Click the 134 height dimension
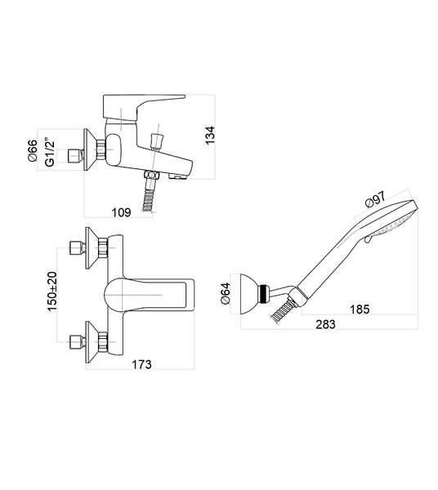tap(210, 135)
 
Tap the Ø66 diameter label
tap(33, 150)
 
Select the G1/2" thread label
tap(50, 152)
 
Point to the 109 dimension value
tap(121, 212)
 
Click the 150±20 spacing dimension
tap(52, 292)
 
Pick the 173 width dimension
tap(141, 364)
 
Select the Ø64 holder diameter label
tap(225, 293)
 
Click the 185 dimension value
tap(360, 309)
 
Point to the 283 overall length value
tap(325, 324)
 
